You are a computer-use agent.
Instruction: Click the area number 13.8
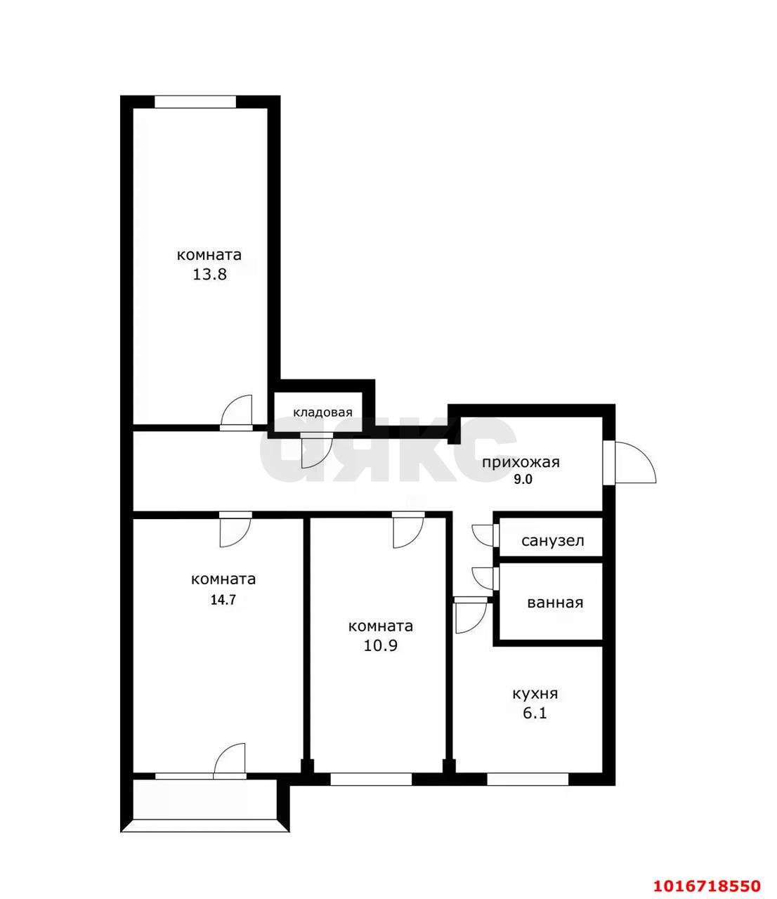pyautogui.click(x=209, y=275)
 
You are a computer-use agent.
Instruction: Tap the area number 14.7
pyautogui.click(x=223, y=600)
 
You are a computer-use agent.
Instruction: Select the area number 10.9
pyautogui.click(x=380, y=645)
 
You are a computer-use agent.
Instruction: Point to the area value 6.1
pyautogui.click(x=535, y=714)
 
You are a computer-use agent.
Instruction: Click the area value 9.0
pyautogui.click(x=523, y=480)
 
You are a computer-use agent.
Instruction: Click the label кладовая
pyautogui.click(x=322, y=412)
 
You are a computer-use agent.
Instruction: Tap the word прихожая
pyautogui.click(x=521, y=462)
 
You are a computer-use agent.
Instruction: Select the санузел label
pyautogui.click(x=552, y=541)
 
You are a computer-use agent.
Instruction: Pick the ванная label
pyautogui.click(x=555, y=603)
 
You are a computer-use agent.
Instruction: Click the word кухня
pyautogui.click(x=535, y=693)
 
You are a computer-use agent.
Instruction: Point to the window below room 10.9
pyautogui.click(x=371, y=780)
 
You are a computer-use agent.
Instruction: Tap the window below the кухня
pyautogui.click(x=528, y=780)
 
